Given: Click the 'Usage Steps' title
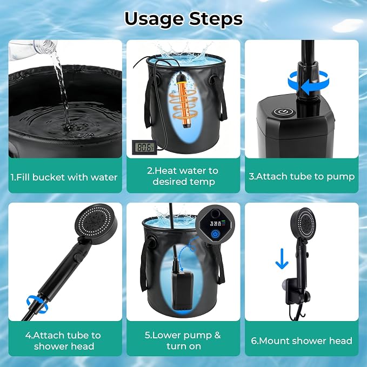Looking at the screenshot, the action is (x=184, y=19).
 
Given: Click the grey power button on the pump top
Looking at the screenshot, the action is (x=281, y=112).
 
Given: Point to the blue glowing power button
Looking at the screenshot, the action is (x=215, y=233).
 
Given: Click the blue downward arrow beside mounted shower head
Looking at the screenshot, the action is (x=282, y=259).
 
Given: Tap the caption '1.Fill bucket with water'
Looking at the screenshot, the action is (x=64, y=177).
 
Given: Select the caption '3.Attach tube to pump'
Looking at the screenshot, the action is (x=302, y=177).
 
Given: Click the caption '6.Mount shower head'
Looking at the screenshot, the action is (x=302, y=341).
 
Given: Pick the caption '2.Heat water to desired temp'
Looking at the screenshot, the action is (x=183, y=176).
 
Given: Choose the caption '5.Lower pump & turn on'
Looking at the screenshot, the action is (x=183, y=341).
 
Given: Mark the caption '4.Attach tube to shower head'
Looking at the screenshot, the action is (x=63, y=341).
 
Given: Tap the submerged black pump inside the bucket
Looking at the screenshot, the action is (x=182, y=290).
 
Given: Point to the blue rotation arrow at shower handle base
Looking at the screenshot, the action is (x=37, y=303).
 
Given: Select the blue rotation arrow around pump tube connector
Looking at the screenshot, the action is (x=308, y=84).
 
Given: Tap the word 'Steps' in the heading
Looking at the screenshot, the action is (x=216, y=19).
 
